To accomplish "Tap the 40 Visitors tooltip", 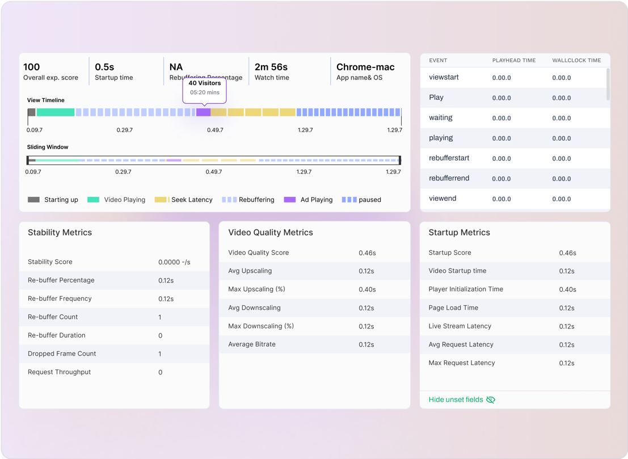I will (x=204, y=88).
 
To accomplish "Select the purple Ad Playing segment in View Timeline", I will (x=203, y=112).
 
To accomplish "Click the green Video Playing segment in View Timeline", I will (x=56, y=112).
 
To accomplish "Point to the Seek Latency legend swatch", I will (x=162, y=200).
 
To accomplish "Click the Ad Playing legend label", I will (x=317, y=200).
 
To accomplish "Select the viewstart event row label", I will (x=444, y=77).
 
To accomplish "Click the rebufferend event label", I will (x=449, y=178).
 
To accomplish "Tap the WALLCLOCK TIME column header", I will (x=576, y=60).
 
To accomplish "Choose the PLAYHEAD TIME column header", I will (x=514, y=60).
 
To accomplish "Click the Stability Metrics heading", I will (x=60, y=233).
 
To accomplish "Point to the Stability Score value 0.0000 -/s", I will (x=174, y=262).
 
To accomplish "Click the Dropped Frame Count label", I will (x=62, y=353).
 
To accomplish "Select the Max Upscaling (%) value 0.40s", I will (x=367, y=289).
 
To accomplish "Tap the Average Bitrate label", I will (x=252, y=344).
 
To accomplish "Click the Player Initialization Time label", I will (x=466, y=289).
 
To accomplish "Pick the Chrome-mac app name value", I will (x=365, y=67).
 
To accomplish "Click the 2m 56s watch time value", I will (x=271, y=67).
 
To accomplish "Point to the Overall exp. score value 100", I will (x=32, y=67).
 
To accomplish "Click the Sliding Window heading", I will (x=48, y=147).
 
